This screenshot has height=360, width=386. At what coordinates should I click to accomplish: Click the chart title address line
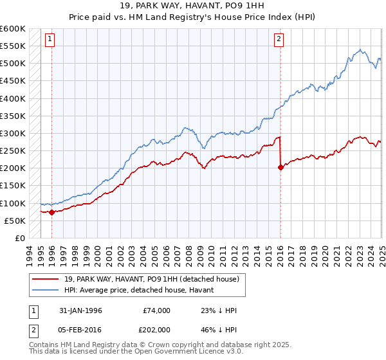coord(192,6)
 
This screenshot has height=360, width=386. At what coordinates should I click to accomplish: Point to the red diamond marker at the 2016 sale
coord(280,168)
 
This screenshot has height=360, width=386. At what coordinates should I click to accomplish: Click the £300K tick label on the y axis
coord(12,133)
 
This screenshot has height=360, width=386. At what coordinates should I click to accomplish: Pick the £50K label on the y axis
coord(15,221)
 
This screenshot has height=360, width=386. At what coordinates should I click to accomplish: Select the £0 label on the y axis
coord(19,238)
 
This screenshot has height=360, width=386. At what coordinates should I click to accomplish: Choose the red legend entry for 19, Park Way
coord(152,279)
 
